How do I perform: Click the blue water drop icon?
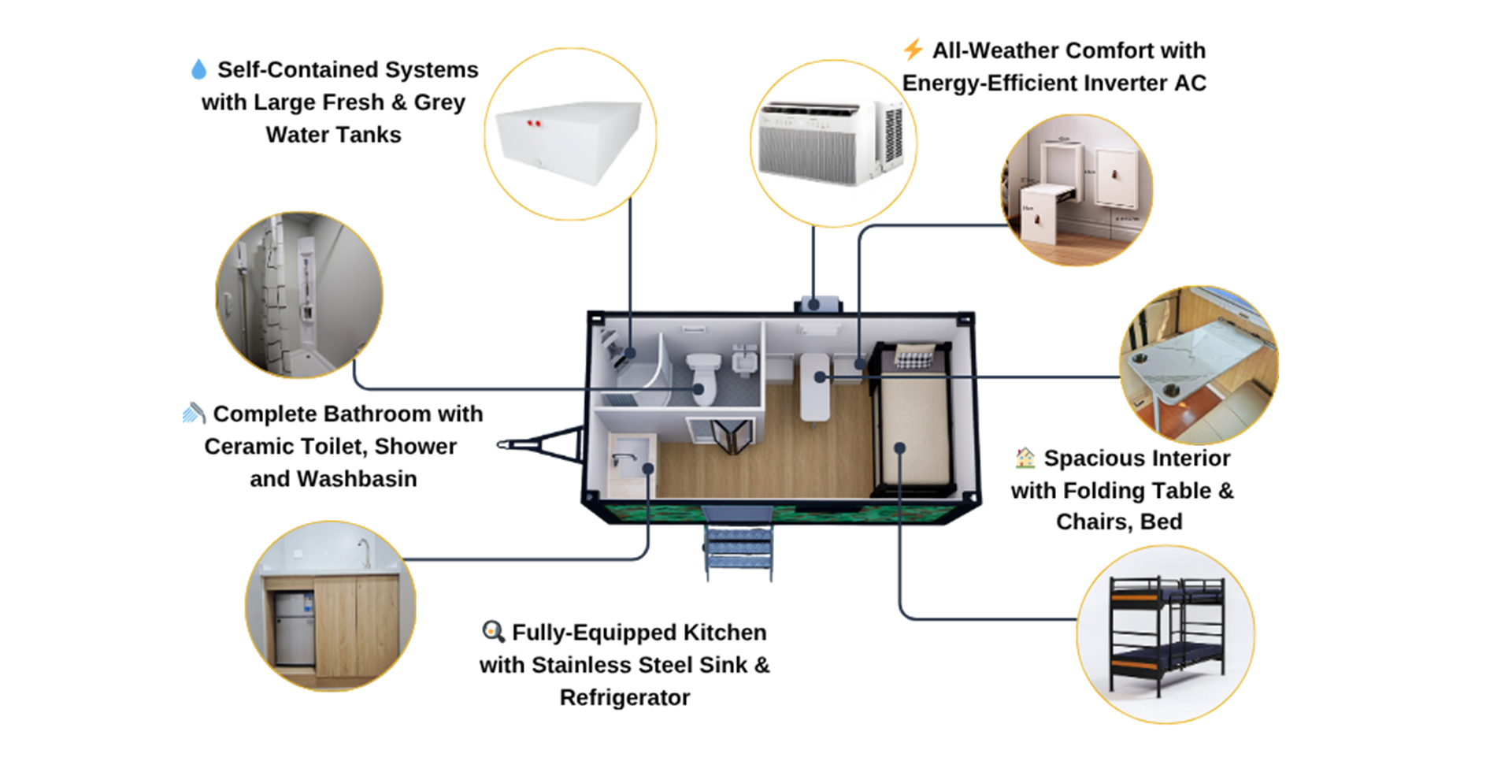click(x=198, y=69)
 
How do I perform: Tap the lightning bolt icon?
click(x=913, y=49)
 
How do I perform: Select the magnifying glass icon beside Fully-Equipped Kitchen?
click(x=493, y=631)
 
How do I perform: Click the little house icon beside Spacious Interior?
click(x=1025, y=458)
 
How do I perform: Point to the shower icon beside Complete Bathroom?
click(x=194, y=413)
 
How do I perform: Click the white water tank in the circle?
click(x=569, y=141)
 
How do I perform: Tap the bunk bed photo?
click(x=1165, y=634)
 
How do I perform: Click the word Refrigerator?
click(x=624, y=697)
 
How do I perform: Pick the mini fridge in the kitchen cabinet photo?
click(x=294, y=628)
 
